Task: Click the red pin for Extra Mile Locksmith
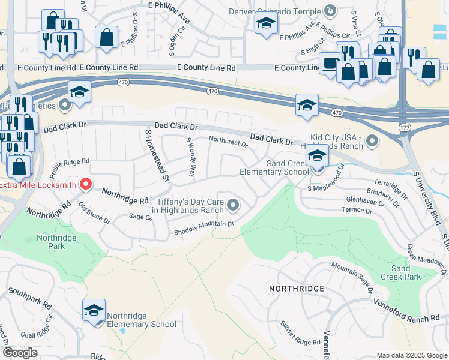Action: coord(86,184)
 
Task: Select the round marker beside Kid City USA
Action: coord(372,142)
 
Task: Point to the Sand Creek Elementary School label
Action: coord(274,167)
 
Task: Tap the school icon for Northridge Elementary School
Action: coord(94,310)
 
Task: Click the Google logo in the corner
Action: coord(20,352)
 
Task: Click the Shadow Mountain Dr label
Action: coord(203,227)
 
